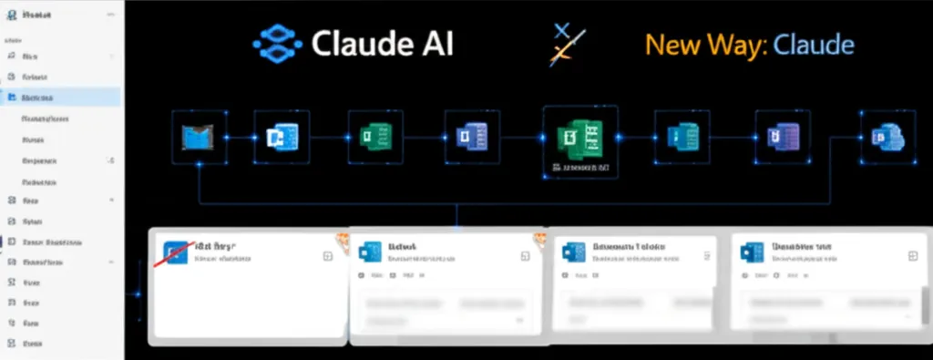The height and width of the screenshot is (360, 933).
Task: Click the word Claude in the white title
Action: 362,44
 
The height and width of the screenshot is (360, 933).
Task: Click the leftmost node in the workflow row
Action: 198,138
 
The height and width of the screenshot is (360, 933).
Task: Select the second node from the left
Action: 281,138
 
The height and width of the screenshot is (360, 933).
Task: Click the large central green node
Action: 579,139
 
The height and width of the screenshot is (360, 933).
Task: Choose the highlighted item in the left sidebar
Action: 60,97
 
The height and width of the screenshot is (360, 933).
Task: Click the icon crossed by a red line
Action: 177,252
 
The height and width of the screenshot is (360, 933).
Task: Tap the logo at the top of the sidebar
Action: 12,14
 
